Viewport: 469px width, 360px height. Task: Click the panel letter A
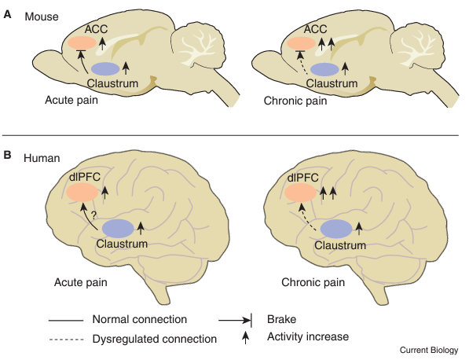click(7, 14)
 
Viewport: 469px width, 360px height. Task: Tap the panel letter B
click(7, 155)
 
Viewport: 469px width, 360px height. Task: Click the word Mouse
click(42, 17)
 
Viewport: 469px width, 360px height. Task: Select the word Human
click(42, 158)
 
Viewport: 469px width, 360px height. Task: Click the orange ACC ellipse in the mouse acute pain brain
click(82, 42)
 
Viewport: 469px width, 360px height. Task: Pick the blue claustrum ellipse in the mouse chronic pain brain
click(324, 69)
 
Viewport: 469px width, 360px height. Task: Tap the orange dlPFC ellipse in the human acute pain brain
click(82, 193)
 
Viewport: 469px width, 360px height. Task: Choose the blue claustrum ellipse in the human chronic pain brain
click(336, 229)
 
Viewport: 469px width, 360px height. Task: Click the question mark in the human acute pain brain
click(93, 215)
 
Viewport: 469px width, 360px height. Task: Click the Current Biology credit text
click(429, 350)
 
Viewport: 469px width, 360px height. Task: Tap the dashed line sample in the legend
click(66, 340)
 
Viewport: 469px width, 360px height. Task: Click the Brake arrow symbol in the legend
click(236, 321)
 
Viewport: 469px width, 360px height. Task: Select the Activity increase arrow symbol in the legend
click(245, 337)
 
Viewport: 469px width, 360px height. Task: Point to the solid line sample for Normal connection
click(66, 321)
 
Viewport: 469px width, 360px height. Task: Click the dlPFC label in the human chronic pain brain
click(302, 178)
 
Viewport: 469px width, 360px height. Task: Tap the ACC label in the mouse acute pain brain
click(96, 29)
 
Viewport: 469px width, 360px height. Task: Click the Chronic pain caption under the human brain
click(313, 282)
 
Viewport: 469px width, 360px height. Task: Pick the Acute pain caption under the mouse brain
click(71, 100)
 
